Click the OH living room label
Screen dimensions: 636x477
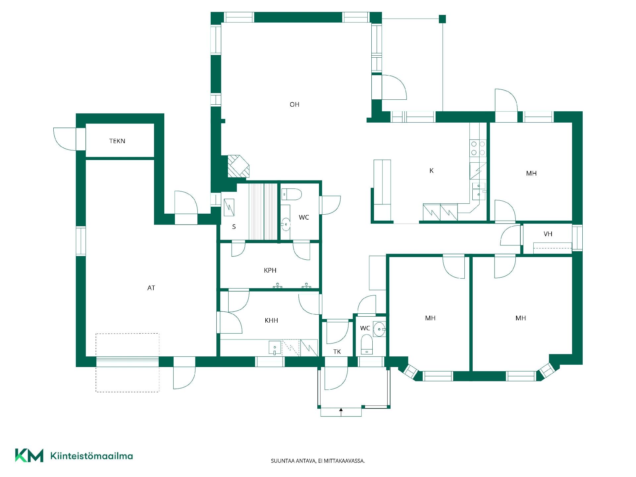294,105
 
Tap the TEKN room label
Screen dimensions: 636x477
117,141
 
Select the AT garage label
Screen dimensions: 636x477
151,288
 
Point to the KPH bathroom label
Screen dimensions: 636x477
270,270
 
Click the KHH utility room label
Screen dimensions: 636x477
271,320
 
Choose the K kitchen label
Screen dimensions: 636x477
431,171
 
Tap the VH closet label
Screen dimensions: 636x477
548,234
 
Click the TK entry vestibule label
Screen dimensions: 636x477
337,352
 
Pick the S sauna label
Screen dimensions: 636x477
234,227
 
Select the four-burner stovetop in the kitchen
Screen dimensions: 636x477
478,148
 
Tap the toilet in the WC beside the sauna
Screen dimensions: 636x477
291,194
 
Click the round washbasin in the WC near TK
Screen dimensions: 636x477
379,329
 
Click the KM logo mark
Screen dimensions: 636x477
29,455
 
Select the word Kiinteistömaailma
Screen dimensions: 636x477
91,456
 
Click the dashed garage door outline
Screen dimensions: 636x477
128,363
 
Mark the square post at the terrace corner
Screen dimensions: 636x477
442,19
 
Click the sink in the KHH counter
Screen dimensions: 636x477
275,348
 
